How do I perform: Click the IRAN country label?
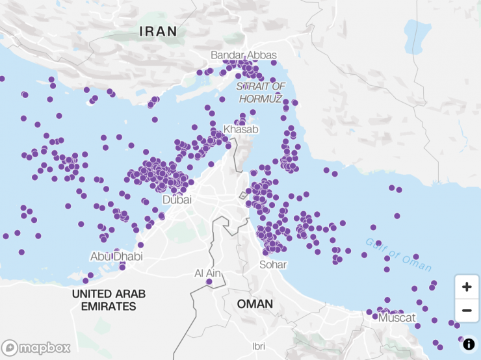pos(158,31)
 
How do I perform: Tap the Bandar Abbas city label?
pos(244,55)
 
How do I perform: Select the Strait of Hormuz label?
pos(261,92)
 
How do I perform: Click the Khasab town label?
pos(240,129)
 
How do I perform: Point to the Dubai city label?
pos(177,199)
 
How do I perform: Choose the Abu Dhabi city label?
pos(116,256)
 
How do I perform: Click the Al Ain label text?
pos(209,273)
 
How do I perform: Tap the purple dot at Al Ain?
pos(209,282)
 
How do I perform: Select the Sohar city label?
pos(273,264)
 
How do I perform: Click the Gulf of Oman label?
pos(398,255)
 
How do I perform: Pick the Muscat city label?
pos(396,318)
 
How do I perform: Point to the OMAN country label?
pos(255,303)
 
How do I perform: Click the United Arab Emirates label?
pos(109,300)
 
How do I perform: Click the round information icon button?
pos(469,344)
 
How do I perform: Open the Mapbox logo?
pos(36,348)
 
